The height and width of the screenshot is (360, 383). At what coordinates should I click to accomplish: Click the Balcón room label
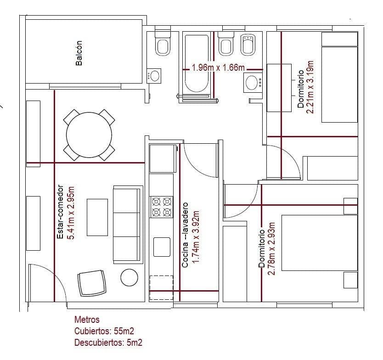pyautogui.click(x=79, y=53)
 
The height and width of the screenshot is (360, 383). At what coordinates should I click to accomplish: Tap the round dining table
pyautogui.click(x=89, y=135)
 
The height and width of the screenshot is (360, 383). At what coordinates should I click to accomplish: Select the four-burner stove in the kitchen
pyautogui.click(x=161, y=207)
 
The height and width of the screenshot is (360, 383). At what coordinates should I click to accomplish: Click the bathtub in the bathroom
pyautogui.click(x=197, y=63)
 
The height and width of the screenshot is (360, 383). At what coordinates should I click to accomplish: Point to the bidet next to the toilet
pyautogui.click(x=248, y=45)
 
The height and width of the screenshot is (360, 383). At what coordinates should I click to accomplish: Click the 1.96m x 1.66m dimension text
pyautogui.click(x=218, y=67)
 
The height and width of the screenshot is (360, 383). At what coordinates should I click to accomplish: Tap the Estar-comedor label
pyautogui.click(x=60, y=212)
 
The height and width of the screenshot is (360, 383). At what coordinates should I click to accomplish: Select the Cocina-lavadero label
pyautogui.click(x=185, y=235)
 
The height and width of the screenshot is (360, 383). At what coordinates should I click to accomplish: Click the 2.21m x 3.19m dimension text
pyautogui.click(x=310, y=87)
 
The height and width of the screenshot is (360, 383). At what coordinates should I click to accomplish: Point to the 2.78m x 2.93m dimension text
pyautogui.click(x=271, y=248)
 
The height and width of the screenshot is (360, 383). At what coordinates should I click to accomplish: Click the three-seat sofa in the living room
pyautogui.click(x=128, y=225)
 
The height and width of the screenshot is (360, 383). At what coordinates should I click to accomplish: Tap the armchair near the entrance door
pyautogui.click(x=92, y=283)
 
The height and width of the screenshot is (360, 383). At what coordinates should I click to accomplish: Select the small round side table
pyautogui.click(x=129, y=277)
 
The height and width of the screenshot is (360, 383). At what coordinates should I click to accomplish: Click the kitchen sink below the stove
pyautogui.click(x=162, y=247)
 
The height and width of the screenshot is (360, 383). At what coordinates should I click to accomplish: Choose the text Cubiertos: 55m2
pyautogui.click(x=104, y=331)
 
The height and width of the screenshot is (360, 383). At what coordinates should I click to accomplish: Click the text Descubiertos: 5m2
pyautogui.click(x=108, y=343)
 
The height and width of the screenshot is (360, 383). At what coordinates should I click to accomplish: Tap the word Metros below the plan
pyautogui.click(x=87, y=320)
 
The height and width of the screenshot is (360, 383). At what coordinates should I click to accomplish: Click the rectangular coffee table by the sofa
pyautogui.click(x=97, y=217)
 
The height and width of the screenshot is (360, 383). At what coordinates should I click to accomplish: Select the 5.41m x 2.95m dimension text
pyautogui.click(x=71, y=213)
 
